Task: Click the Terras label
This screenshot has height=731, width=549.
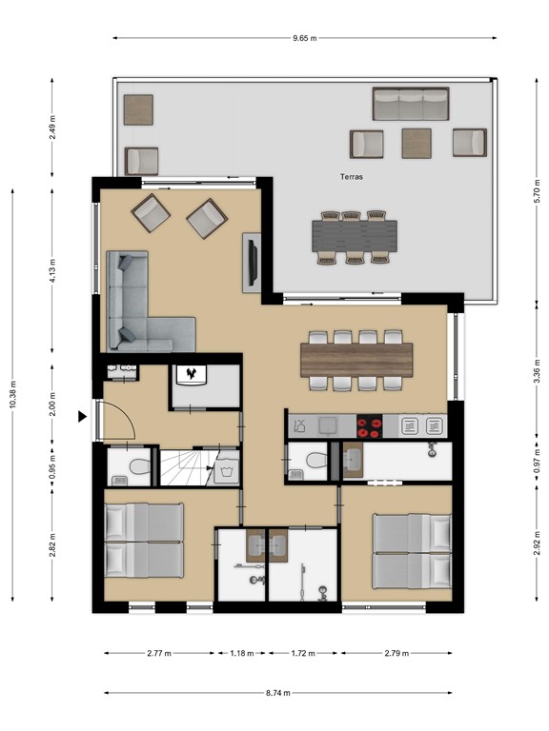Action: click(x=353, y=177)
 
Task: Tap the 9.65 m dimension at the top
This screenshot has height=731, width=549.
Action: click(x=305, y=38)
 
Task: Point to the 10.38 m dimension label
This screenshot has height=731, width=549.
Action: click(x=12, y=390)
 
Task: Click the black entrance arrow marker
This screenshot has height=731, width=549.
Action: click(x=83, y=415)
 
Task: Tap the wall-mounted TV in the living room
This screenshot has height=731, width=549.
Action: click(x=253, y=259)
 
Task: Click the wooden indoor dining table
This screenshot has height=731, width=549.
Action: click(x=356, y=358)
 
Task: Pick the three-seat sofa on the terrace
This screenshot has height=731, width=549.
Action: click(x=411, y=104)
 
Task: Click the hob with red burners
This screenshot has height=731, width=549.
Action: click(x=368, y=425)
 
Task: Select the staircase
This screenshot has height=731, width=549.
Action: click(x=187, y=465)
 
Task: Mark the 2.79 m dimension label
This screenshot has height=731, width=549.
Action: click(x=396, y=654)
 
